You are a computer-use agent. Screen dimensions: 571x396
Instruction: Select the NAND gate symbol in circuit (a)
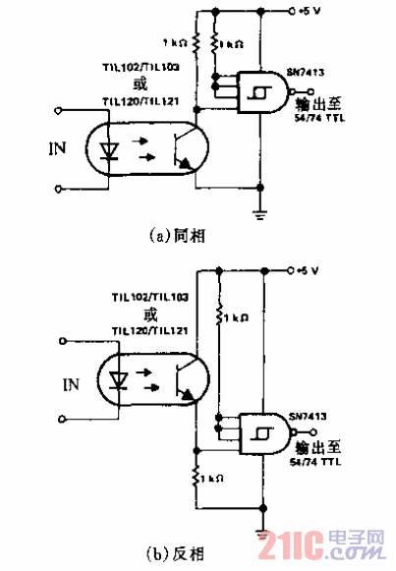[258, 94]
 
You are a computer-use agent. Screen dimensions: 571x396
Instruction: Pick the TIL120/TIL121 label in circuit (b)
[149, 333]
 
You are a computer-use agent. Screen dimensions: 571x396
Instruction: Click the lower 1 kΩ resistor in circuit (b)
[198, 477]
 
